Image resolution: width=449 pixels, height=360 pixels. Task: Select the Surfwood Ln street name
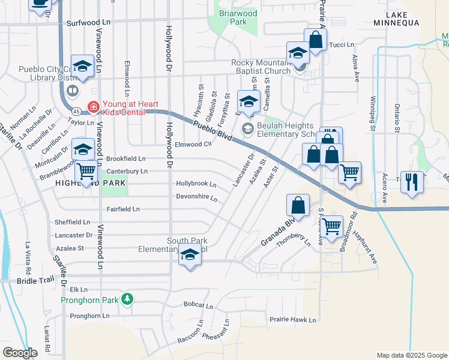89,22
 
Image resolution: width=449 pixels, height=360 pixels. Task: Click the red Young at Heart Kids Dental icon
92,107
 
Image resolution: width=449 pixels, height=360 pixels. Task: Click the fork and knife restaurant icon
412,182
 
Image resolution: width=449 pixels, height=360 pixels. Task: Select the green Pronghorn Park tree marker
127,299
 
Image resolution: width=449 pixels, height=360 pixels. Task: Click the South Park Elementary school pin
190,256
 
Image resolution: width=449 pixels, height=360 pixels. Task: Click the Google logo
19,353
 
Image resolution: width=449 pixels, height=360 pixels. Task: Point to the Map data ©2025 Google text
411,355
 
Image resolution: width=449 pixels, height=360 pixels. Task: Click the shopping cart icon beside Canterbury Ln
86,172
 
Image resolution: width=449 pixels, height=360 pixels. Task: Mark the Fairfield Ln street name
123,209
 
